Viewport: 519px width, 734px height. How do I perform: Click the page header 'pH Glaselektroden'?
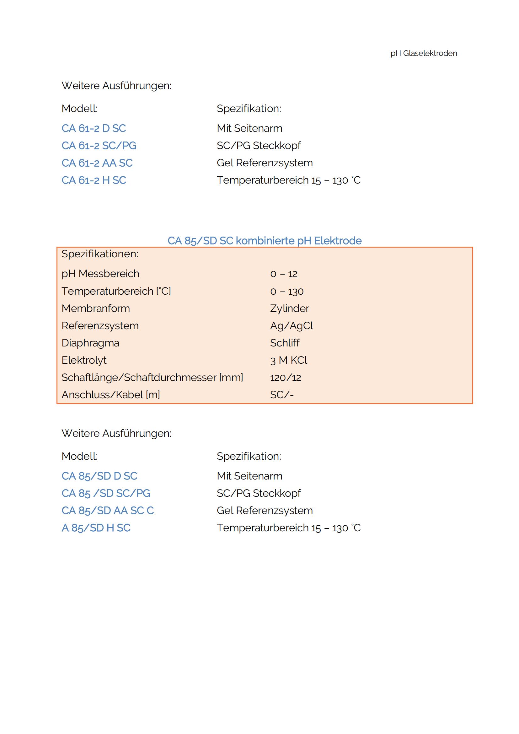[423, 53]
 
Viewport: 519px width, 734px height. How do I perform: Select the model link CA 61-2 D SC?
[94, 129]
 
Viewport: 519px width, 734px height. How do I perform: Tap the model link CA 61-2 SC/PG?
[99, 146]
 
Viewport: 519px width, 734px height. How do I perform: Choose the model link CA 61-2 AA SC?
[97, 163]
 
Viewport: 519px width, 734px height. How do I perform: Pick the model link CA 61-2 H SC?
[94, 180]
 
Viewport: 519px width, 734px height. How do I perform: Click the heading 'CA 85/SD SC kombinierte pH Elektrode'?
[264, 241]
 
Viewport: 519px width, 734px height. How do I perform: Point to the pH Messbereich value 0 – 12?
[283, 274]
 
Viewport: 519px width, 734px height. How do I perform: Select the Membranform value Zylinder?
[289, 308]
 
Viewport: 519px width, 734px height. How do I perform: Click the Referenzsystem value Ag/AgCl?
[291, 326]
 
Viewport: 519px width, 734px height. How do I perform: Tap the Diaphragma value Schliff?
[284, 343]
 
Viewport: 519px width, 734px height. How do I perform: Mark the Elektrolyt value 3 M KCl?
[288, 360]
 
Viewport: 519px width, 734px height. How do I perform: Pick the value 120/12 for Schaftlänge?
[285, 378]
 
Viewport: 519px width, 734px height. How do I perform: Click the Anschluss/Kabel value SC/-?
[281, 395]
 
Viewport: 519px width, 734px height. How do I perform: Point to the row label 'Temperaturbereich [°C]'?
[116, 291]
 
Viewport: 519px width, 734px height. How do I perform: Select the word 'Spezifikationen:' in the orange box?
[100, 254]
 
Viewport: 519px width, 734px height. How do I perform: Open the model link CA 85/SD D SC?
[99, 476]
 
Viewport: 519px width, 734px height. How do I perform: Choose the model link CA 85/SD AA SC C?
[107, 511]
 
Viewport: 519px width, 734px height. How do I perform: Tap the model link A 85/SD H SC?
[96, 528]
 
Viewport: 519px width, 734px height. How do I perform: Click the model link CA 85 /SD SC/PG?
[106, 493]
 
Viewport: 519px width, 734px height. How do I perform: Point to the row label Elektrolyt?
[84, 360]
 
